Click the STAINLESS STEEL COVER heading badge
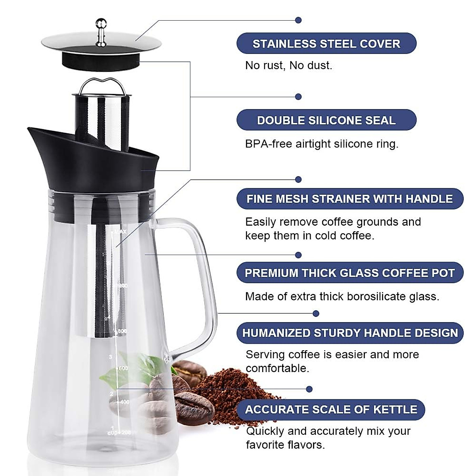326,44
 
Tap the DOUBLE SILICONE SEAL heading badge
326,120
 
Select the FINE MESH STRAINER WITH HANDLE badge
349,199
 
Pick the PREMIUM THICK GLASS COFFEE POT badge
349,273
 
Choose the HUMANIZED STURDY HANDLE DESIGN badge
349,332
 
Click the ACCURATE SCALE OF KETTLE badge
331,409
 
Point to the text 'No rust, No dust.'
288,65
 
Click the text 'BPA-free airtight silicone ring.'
321,144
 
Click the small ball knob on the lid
101,23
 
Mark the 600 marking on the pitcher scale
123,369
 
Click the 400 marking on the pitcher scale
124,402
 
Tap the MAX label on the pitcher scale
121,232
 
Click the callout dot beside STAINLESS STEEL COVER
299,20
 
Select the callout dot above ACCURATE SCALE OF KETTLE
309,389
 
